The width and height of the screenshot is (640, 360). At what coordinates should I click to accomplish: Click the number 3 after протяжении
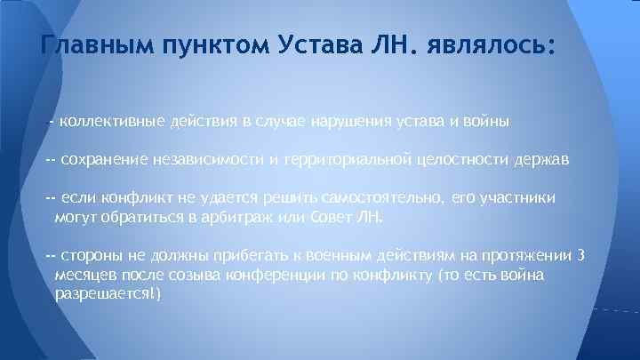(580, 256)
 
